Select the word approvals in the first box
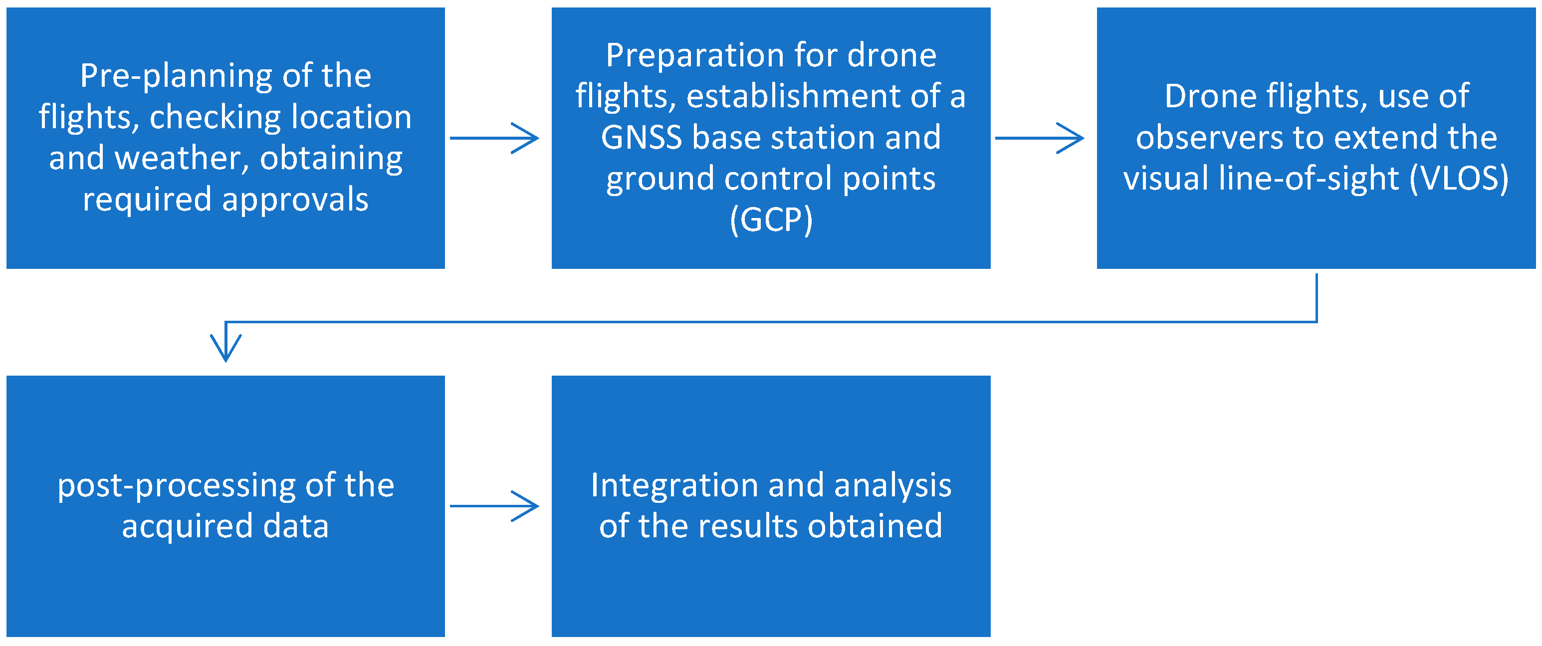point(295,200)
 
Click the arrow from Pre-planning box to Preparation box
point(494,138)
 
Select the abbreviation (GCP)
point(771,219)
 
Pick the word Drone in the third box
point(1204,96)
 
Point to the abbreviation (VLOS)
point(1459,179)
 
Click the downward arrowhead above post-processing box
point(225,347)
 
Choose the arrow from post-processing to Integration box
point(494,506)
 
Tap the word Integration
point(674,485)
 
